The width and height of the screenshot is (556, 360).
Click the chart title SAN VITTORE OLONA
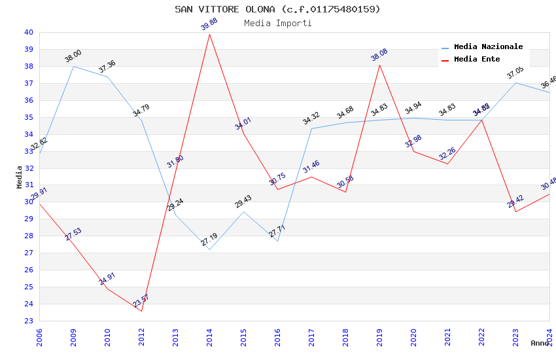coord(277,9)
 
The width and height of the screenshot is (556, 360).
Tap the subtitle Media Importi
coord(277,24)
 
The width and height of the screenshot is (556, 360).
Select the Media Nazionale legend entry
coord(488,47)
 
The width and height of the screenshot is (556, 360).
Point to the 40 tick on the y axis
coord(29,32)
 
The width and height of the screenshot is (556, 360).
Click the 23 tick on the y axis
coord(29,321)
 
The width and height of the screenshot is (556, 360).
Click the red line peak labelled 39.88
coord(209,34)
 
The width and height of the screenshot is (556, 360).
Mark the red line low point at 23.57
coord(141,311)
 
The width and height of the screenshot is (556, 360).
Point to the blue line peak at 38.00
coord(73,66)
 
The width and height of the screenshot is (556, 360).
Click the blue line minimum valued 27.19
coord(209,249)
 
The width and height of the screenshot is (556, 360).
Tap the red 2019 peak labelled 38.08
coord(379,64)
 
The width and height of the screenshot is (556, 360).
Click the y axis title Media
coord(20,177)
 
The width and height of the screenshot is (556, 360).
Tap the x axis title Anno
coord(540,343)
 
